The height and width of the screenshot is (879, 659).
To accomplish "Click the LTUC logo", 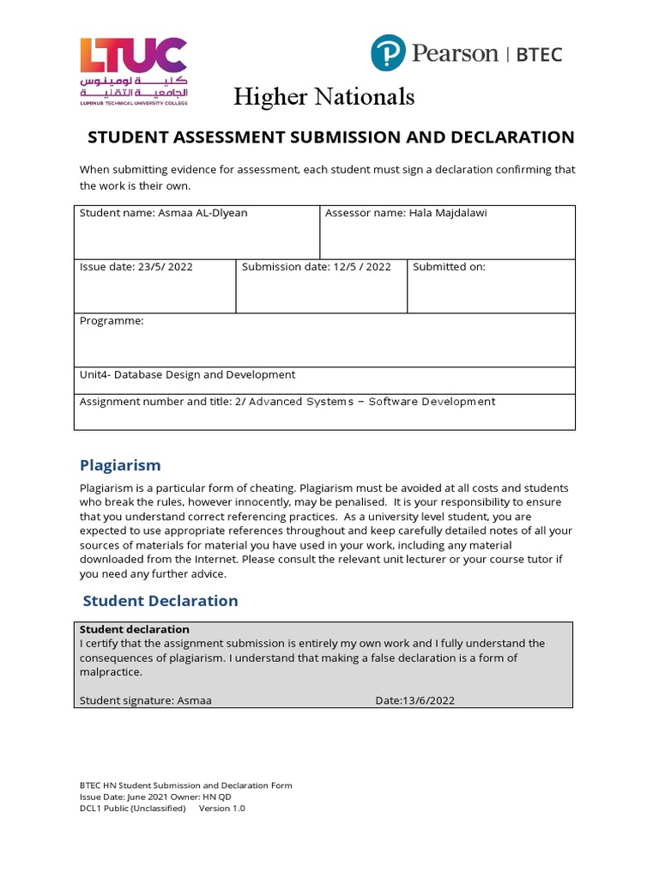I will (133, 70).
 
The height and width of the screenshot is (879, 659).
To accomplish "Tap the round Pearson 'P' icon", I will (387, 53).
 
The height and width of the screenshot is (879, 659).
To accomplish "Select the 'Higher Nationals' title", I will (324, 97).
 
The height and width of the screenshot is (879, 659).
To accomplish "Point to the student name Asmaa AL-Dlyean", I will (203, 213).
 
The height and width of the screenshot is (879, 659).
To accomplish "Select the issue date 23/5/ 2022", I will (165, 267).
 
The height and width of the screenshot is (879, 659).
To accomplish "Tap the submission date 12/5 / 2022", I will (360, 267).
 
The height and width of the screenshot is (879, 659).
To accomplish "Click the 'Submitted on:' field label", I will (449, 267).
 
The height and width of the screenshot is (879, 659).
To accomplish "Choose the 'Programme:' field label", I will (112, 321).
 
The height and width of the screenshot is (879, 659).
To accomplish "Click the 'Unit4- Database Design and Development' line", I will (187, 375).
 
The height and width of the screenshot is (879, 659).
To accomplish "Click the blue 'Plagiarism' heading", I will (120, 465).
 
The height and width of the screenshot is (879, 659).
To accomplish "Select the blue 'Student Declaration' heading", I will (160, 601).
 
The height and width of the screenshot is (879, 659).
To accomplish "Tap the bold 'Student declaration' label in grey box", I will (134, 629).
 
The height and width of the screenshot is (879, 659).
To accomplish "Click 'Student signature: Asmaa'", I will (145, 700).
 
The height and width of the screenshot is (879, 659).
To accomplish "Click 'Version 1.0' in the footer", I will (222, 809).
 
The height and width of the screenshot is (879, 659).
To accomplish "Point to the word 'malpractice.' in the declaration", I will (111, 672).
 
